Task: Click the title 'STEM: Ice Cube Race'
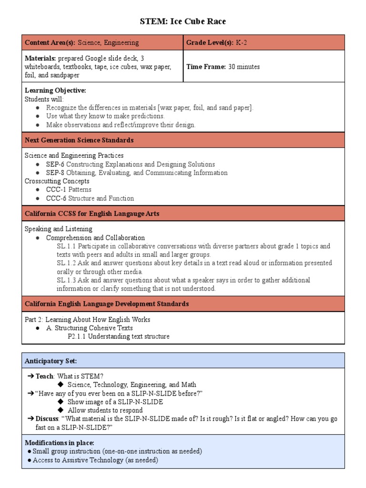183,21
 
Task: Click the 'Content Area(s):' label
50,42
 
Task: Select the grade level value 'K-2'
242,42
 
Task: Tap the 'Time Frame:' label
206,67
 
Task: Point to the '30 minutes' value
244,67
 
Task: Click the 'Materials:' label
41,58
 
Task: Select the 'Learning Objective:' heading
55,91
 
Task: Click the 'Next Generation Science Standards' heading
79,140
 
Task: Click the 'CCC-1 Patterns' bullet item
69,190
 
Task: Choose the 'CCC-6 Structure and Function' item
90,198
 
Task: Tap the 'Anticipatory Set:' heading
51,361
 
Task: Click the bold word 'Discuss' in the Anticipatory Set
47,419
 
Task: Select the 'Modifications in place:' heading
60,443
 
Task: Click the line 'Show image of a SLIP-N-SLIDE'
115,402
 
